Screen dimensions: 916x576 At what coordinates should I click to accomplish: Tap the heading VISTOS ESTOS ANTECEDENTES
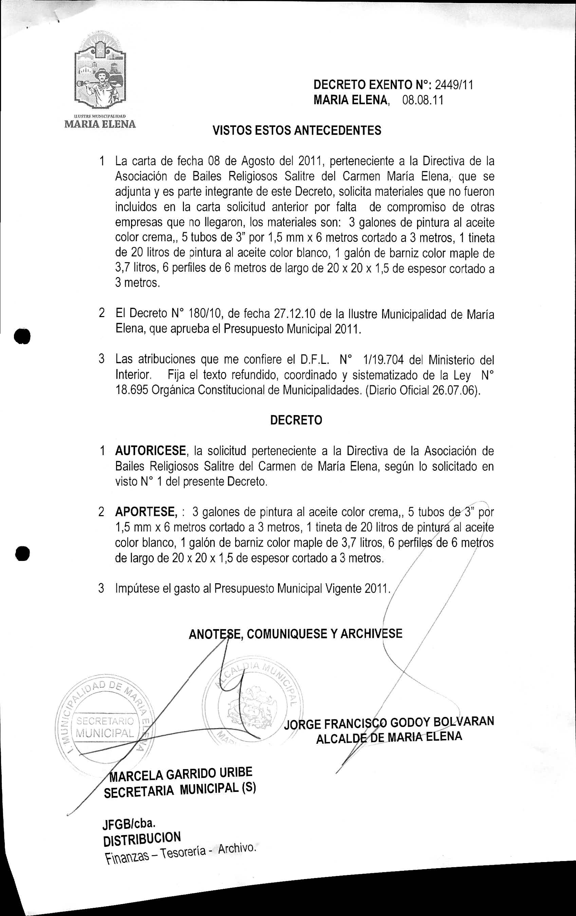coord(297,131)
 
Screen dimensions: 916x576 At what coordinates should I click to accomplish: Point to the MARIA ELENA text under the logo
coord(100,124)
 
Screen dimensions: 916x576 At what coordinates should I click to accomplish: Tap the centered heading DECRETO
coord(296,420)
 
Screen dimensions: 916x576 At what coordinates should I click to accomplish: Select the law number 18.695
coord(131,391)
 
